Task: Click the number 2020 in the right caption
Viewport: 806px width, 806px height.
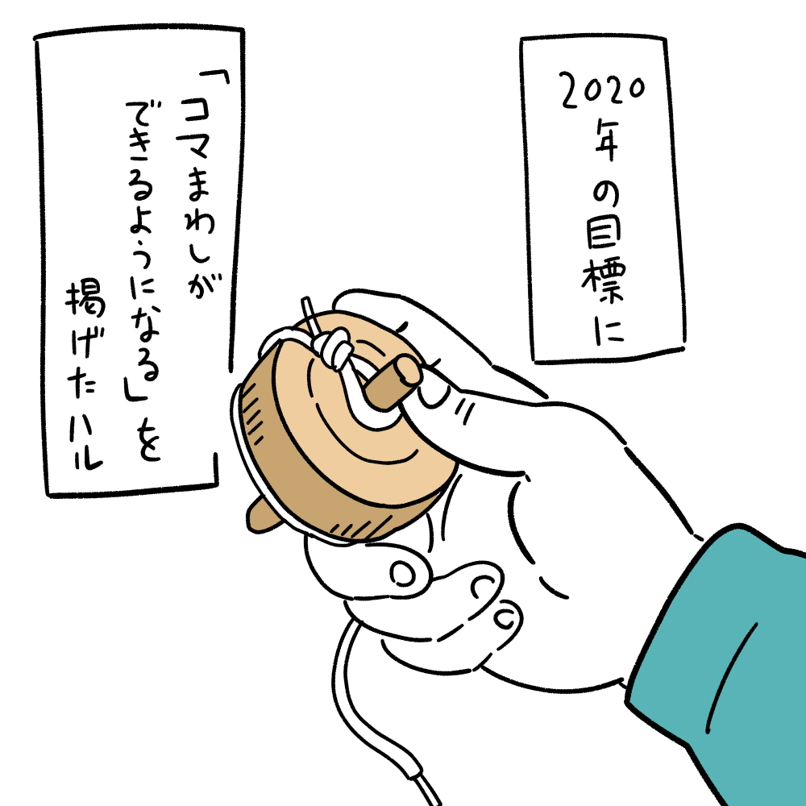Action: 602,91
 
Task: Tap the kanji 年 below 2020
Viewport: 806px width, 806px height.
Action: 606,140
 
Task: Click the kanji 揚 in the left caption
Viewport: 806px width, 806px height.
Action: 85,298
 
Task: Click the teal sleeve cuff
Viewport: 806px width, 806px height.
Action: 720,663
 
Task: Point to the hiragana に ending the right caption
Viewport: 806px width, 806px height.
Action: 609,329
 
